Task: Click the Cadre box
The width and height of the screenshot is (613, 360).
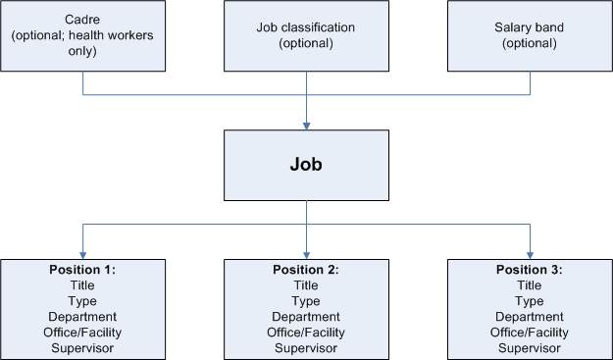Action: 83,36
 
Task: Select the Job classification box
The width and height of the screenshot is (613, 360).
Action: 307,36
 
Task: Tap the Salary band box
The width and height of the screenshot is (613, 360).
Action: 531,36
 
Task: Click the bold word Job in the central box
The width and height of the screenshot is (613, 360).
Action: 308,165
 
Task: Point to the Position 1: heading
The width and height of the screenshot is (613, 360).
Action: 82,270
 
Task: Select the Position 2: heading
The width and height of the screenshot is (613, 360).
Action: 307,270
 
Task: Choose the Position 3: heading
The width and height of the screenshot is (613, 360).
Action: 531,270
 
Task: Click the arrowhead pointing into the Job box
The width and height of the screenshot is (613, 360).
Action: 308,125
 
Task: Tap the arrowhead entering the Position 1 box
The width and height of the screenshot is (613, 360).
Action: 83,254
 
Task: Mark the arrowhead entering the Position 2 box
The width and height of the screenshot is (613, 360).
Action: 308,254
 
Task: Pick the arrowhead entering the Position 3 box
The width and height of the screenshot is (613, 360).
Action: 531,254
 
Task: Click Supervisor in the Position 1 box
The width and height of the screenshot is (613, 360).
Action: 82,348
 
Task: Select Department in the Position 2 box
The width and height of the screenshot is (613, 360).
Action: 307,317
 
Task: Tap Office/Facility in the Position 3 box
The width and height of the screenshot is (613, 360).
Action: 531,333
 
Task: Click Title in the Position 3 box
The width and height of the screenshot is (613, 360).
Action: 531,285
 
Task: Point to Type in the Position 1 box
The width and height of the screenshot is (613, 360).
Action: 82,301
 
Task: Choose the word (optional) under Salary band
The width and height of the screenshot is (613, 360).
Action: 531,44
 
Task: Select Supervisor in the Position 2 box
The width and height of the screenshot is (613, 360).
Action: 307,348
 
